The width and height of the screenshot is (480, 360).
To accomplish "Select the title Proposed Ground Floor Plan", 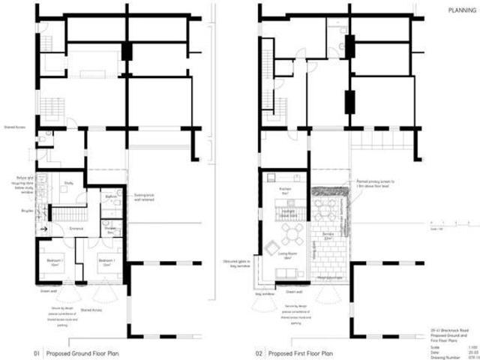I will pyautogui.click(x=81, y=352).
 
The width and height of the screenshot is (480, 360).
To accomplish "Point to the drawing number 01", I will pyautogui.click(x=35, y=352).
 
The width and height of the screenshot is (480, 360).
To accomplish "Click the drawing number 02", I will pyautogui.click(x=259, y=352).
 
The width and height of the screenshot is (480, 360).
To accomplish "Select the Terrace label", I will pyautogui.click(x=327, y=235).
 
